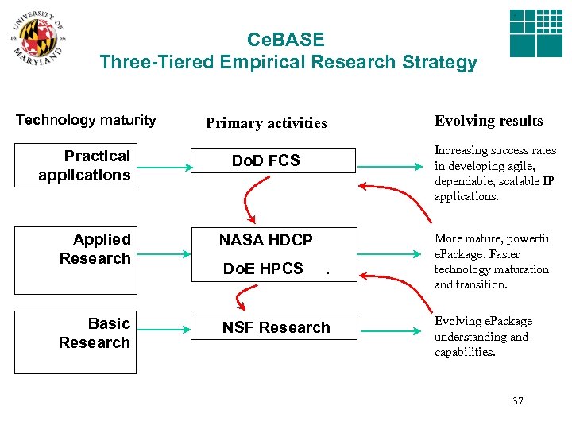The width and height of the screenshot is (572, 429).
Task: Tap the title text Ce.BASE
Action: [x=286, y=40]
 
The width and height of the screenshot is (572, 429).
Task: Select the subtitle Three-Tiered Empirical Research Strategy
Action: [x=288, y=62]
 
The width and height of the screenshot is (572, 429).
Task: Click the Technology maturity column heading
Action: [x=86, y=120]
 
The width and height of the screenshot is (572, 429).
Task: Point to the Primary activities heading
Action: [x=266, y=123]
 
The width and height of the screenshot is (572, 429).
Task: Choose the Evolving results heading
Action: [x=489, y=121]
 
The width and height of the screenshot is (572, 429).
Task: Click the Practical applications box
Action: [x=84, y=165]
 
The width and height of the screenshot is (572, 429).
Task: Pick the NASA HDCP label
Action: [x=265, y=240]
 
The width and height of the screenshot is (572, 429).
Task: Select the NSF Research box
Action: [x=276, y=327]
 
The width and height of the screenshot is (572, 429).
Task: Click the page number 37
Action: [x=517, y=401]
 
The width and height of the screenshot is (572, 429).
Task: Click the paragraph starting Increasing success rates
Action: [x=494, y=173]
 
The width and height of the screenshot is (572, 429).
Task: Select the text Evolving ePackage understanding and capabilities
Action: [x=483, y=337]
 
